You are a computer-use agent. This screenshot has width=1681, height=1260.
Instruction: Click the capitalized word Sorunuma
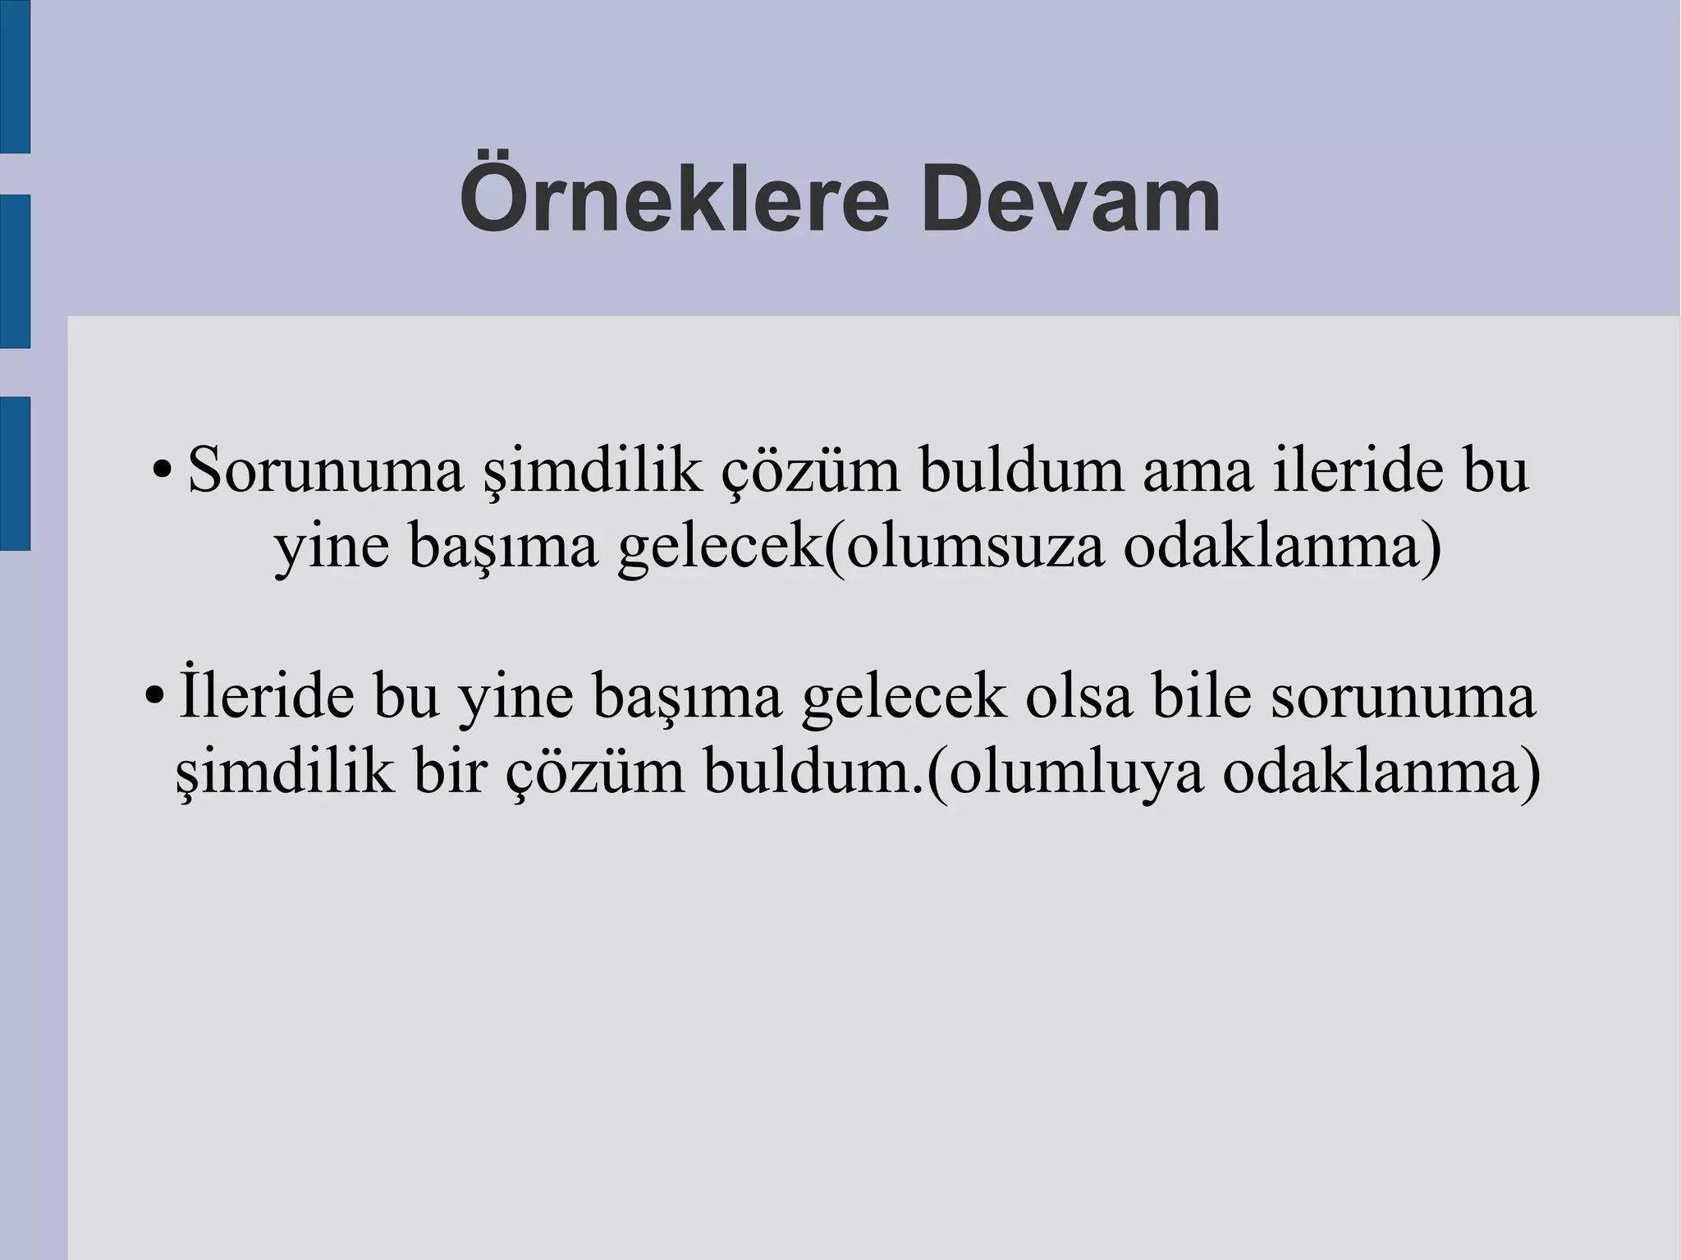tap(325, 472)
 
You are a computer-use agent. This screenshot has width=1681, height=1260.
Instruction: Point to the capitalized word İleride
tap(266, 698)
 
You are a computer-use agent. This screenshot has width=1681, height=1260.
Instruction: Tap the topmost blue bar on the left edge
tap(15, 76)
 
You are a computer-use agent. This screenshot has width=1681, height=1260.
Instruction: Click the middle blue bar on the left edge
tap(15, 271)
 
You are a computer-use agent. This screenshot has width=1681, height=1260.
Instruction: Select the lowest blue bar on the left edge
tap(15, 473)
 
